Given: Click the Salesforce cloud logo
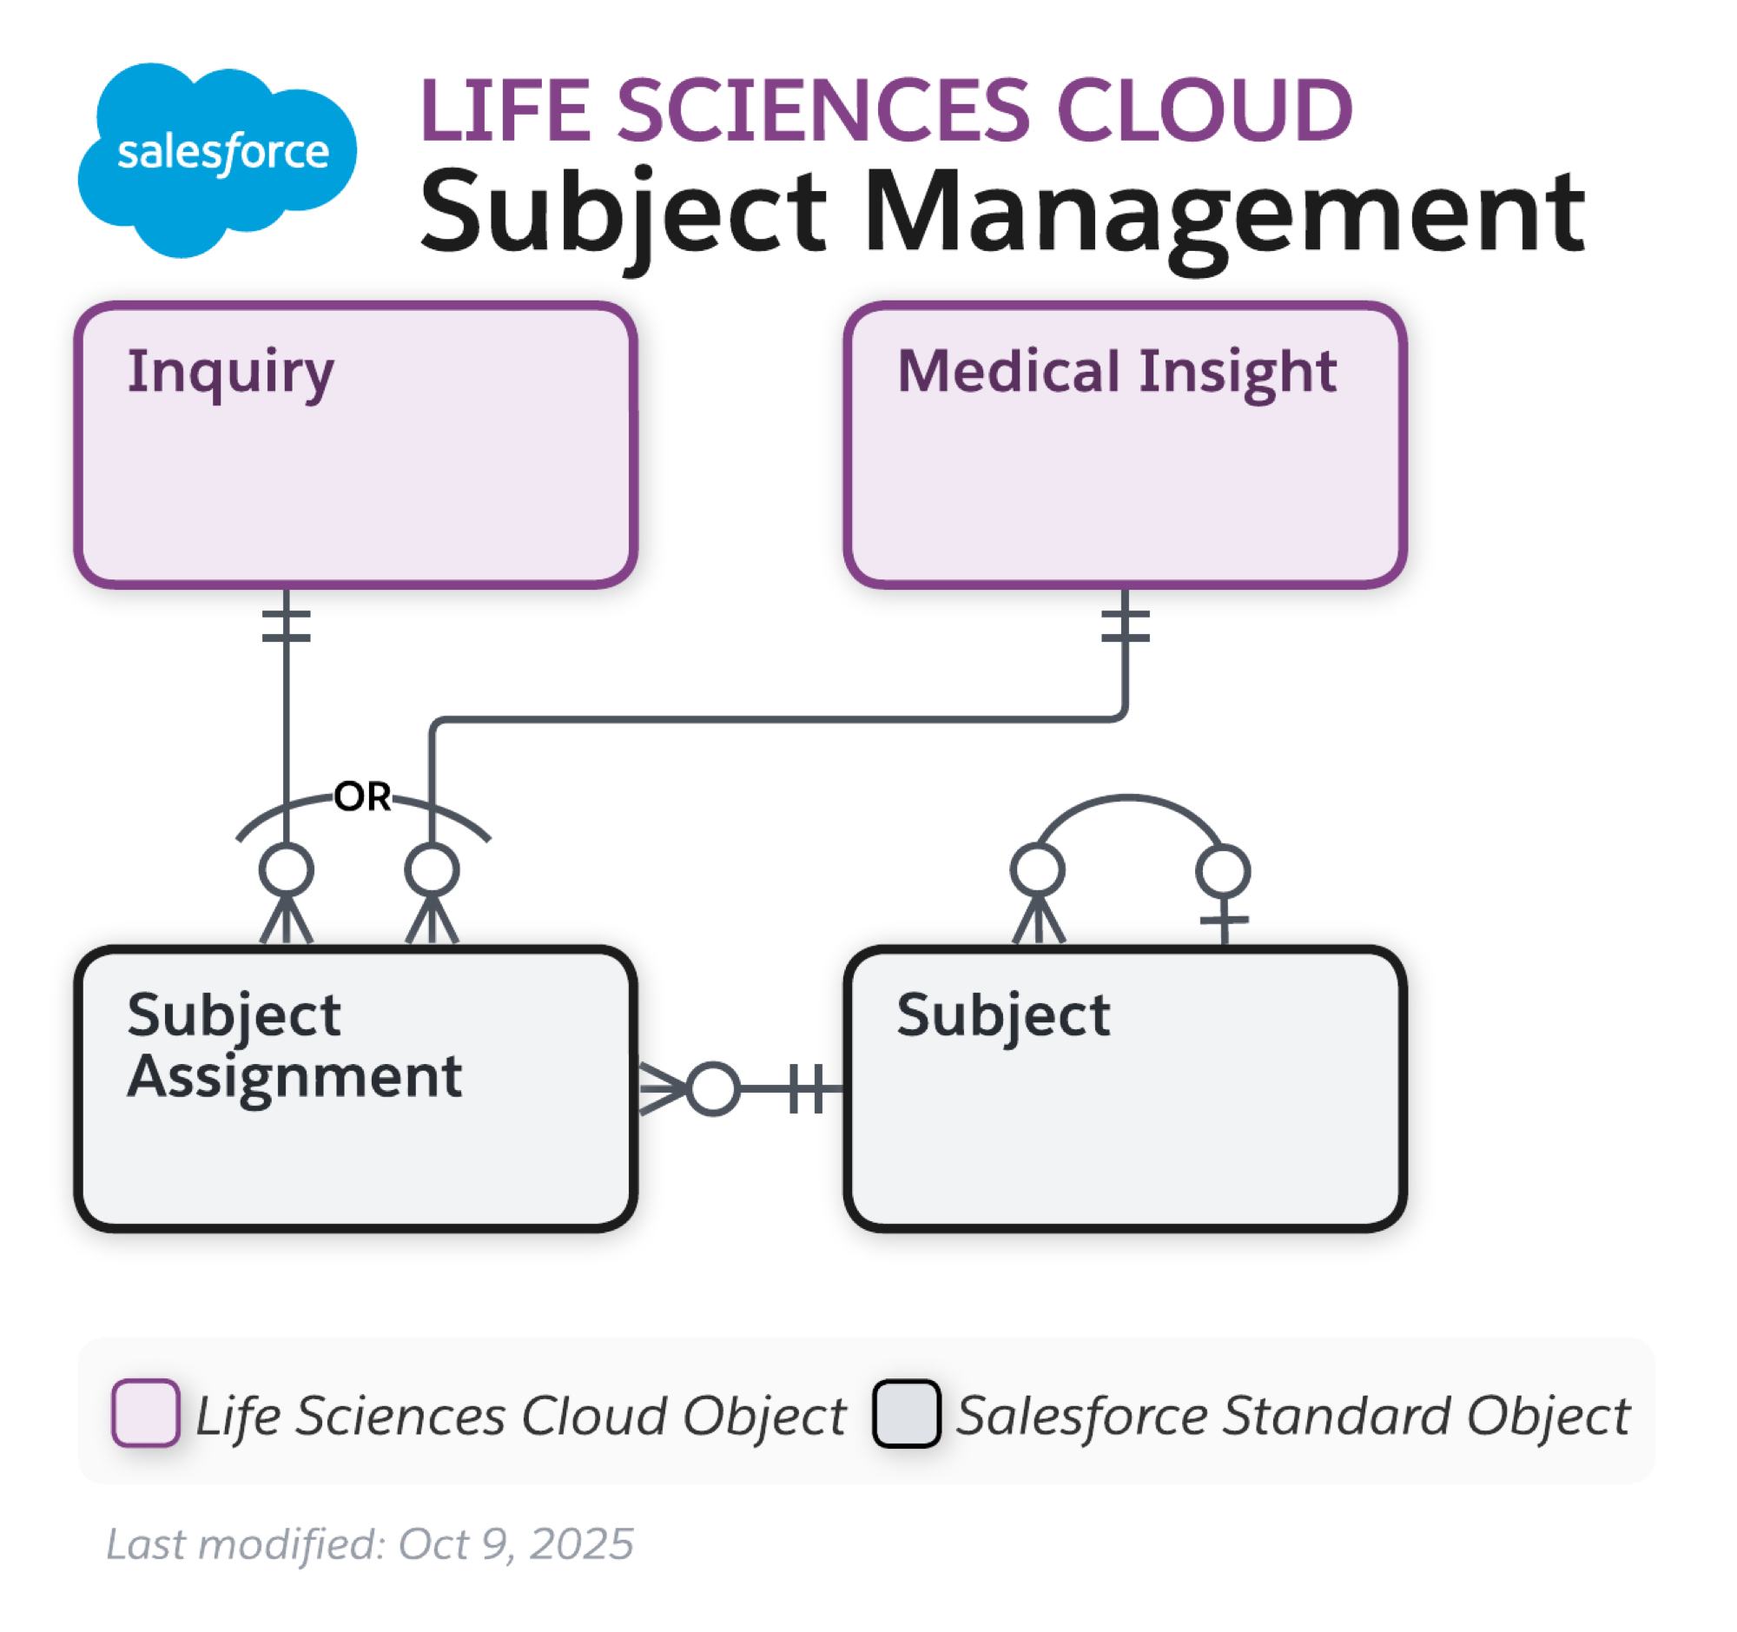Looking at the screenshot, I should (x=219, y=157).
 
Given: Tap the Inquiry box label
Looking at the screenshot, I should (x=231, y=373).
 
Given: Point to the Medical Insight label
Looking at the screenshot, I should (x=1117, y=373).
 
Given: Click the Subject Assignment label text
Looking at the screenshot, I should (x=294, y=1046).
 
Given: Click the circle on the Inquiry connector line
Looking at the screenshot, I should (x=287, y=870).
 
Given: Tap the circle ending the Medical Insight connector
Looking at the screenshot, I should (x=433, y=870).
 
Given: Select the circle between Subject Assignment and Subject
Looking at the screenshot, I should (x=713, y=1088).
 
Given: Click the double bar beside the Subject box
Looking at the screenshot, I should (x=807, y=1088).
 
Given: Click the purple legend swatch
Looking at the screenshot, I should (x=146, y=1413).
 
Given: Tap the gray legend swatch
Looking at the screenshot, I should (x=907, y=1414).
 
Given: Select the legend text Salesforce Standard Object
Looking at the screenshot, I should (x=1293, y=1416).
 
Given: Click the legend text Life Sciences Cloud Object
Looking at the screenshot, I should (x=521, y=1416).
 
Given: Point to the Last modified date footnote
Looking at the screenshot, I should (x=371, y=1543).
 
